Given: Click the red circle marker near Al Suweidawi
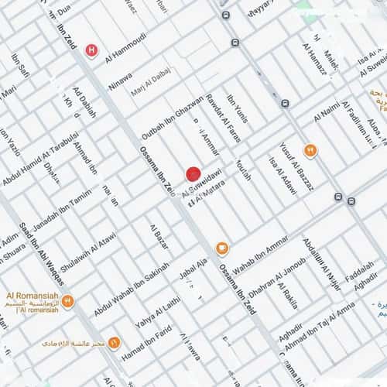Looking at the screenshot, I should (x=193, y=174).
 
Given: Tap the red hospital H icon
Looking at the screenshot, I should (x=92, y=52).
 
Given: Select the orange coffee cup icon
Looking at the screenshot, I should (x=222, y=248).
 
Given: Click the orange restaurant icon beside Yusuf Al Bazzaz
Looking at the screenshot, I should (x=310, y=150).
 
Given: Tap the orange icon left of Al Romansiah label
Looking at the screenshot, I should (x=68, y=301).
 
